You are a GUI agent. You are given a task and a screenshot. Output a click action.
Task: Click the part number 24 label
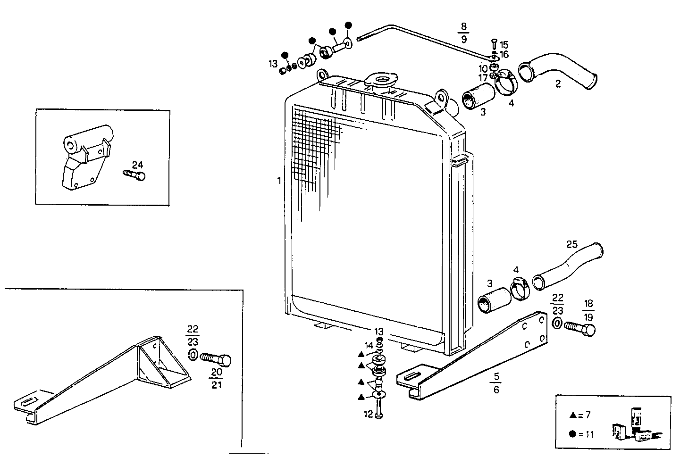(137, 165)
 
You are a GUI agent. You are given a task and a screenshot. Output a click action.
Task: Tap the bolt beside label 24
(134, 175)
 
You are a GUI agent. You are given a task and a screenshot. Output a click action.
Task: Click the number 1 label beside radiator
(279, 180)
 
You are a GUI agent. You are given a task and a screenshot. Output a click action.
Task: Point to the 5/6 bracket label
(496, 383)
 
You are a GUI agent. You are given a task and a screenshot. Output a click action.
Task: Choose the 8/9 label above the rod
(463, 33)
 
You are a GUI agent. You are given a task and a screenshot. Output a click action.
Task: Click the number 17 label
(483, 77)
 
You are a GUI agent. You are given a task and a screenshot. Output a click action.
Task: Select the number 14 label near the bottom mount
(369, 345)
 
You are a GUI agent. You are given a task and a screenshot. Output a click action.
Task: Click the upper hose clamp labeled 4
(506, 81)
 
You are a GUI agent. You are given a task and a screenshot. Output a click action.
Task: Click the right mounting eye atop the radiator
(442, 98)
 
